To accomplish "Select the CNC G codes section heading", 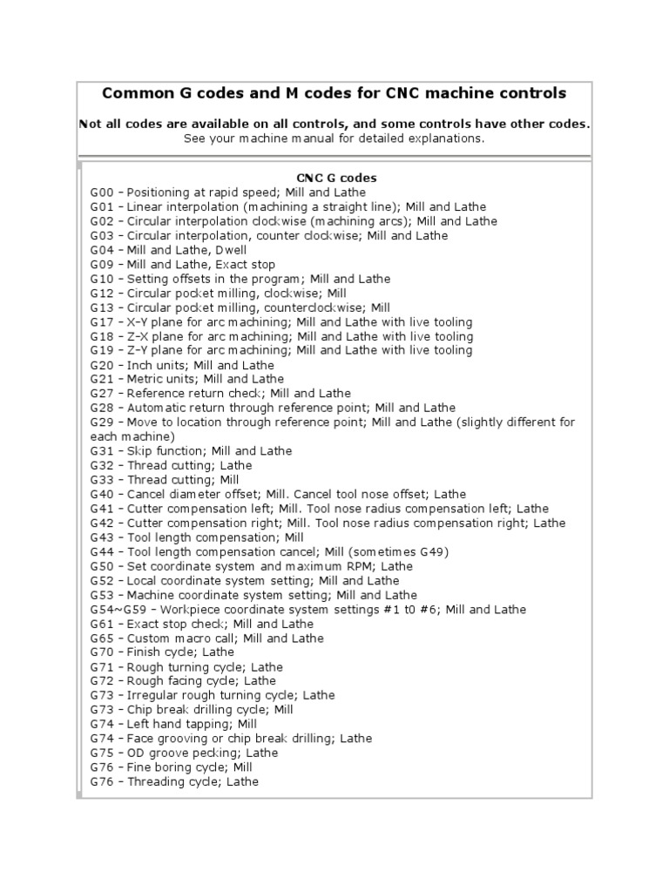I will (x=335, y=178).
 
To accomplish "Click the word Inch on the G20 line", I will (x=140, y=365).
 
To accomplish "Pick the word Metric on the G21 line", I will (x=145, y=380).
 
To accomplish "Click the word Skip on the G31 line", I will (x=139, y=451).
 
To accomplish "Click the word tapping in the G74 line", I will (x=207, y=725).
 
